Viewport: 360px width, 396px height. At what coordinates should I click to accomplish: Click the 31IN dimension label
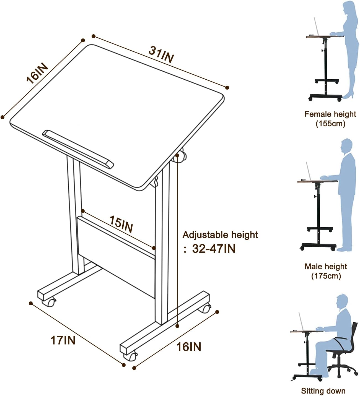pyautogui.click(x=161, y=54)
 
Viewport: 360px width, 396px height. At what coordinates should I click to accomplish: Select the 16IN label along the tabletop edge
pyautogui.click(x=37, y=73)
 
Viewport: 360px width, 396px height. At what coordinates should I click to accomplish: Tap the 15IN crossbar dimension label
pyautogui.click(x=121, y=224)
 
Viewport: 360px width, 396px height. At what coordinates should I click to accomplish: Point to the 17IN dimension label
pyautogui.click(x=63, y=340)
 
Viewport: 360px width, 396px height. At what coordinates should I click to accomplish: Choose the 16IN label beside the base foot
pyautogui.click(x=189, y=346)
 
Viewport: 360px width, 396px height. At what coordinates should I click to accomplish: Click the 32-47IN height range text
pyautogui.click(x=214, y=249)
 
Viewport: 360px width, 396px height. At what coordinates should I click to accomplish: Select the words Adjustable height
pyautogui.click(x=220, y=235)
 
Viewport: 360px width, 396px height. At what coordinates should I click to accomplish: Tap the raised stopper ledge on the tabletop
pyautogui.click(x=78, y=148)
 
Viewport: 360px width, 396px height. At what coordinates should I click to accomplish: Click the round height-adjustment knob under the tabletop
pyautogui.click(x=180, y=157)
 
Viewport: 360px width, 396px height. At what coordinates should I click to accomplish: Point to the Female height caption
pyautogui.click(x=330, y=114)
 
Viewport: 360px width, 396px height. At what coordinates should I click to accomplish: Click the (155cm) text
pyautogui.click(x=330, y=123)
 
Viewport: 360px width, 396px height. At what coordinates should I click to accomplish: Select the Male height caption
pyautogui.click(x=326, y=266)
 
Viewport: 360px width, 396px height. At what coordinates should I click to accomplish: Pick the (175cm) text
pyautogui.click(x=326, y=276)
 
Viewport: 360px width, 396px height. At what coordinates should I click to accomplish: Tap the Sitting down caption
pyautogui.click(x=323, y=391)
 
